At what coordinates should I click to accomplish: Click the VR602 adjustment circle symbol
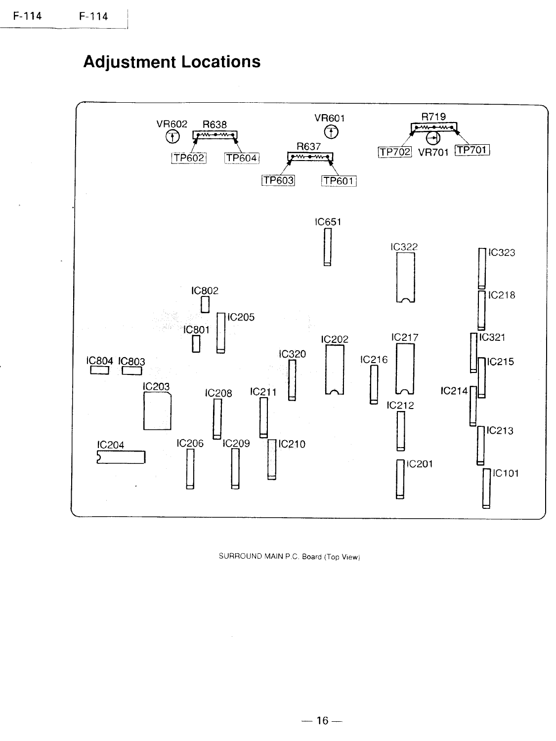click(x=172, y=137)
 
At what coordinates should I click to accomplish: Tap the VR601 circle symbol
click(x=332, y=132)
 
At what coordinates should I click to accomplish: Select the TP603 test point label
click(x=278, y=180)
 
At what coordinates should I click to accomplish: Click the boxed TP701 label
click(x=472, y=150)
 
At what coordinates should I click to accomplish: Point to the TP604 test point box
click(x=242, y=158)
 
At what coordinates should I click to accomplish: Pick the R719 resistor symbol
click(x=434, y=129)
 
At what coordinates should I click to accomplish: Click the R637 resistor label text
click(x=309, y=147)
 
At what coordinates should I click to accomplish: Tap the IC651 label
click(x=328, y=222)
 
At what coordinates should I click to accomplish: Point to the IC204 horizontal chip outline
click(x=122, y=457)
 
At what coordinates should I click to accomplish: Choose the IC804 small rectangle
click(x=99, y=370)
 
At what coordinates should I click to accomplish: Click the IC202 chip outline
click(x=334, y=369)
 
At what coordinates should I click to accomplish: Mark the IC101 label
click(x=504, y=473)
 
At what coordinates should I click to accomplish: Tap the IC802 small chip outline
click(x=205, y=304)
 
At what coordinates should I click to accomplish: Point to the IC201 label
click(x=419, y=464)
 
